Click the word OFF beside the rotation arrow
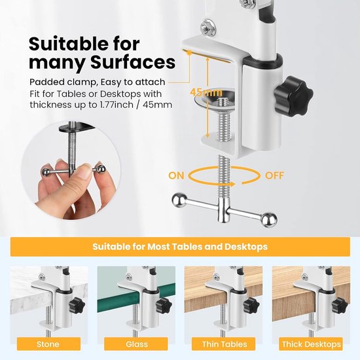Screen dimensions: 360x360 [x=275, y=175]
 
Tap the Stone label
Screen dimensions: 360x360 [x=48, y=344]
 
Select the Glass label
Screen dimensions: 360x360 [x=135, y=344]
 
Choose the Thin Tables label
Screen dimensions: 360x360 [x=224, y=344]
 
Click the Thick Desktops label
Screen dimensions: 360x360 [x=311, y=344]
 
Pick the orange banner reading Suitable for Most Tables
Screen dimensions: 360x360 [x=180, y=247]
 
